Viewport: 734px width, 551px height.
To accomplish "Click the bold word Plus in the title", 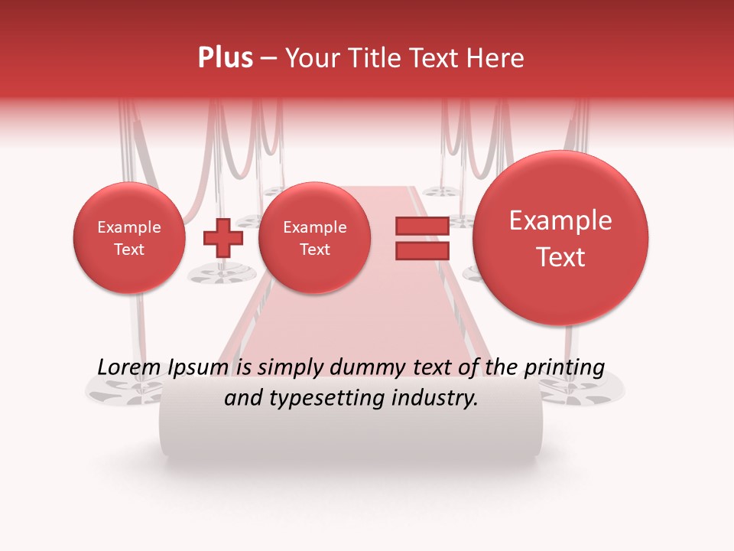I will tap(226, 58).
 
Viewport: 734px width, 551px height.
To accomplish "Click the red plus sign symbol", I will tap(222, 237).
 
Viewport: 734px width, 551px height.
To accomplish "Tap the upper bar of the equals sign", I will tap(422, 226).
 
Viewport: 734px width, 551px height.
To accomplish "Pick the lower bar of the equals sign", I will tap(422, 251).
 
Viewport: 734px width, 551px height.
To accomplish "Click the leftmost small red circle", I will tap(128, 238).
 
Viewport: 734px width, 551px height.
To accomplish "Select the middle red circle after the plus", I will tap(314, 238).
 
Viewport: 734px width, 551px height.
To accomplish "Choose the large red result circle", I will tap(560, 238).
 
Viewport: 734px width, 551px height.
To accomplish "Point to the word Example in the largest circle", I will tap(560, 220).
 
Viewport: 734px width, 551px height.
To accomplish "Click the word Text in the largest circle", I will tap(560, 257).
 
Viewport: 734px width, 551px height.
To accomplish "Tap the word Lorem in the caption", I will tap(130, 368).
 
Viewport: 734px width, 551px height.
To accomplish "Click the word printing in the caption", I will tap(563, 368).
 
